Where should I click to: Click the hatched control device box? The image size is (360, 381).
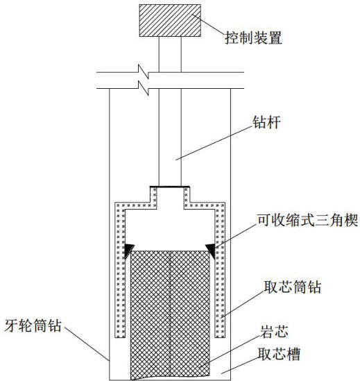click(x=170, y=20)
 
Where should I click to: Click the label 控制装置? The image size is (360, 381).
click(x=253, y=38)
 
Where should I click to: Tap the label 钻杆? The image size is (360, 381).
click(x=266, y=122)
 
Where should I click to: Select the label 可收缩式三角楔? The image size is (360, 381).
click(x=308, y=221)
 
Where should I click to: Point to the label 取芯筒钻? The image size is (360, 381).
click(x=293, y=287)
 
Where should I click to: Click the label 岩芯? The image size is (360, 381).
click(x=274, y=332)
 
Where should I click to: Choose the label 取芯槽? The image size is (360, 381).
click(x=279, y=354)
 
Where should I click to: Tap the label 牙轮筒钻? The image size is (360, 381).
click(x=33, y=325)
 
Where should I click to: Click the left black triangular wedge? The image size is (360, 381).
click(x=129, y=251)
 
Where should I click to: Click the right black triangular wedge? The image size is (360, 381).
click(x=211, y=251)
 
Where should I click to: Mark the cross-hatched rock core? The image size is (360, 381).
click(x=170, y=315)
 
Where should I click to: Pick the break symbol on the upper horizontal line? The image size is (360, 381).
click(x=144, y=71)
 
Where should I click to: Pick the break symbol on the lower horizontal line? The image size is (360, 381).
click(x=144, y=88)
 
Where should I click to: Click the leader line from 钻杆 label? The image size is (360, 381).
click(x=214, y=143)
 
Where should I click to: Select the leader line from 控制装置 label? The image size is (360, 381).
click(x=208, y=24)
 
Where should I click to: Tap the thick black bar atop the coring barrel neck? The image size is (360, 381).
click(x=170, y=187)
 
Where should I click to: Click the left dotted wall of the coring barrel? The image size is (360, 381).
click(x=120, y=270)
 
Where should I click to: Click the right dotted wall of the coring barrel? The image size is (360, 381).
click(x=220, y=270)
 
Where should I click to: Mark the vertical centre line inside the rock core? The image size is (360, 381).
click(x=170, y=315)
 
